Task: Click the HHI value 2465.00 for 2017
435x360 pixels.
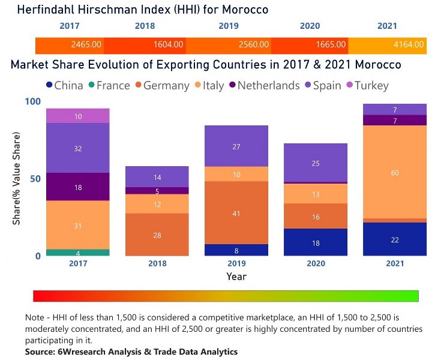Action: pos(86,44)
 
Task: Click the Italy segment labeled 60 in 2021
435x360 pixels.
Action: pos(395,172)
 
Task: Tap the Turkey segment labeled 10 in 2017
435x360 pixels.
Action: pos(78,116)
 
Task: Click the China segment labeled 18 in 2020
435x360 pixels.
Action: pos(315,242)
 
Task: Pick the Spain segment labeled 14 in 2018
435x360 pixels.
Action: pos(157,177)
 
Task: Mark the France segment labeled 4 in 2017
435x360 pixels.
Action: pos(78,253)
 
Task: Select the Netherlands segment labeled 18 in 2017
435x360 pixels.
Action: pos(78,187)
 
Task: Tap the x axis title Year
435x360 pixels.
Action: pos(236,277)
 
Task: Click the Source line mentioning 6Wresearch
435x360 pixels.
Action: pos(131,352)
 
